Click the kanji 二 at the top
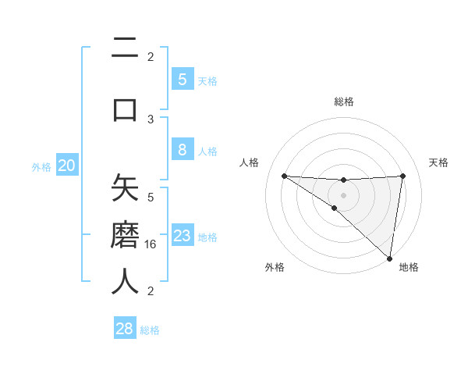[125, 52]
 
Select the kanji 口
[125, 109]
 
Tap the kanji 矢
[125, 190]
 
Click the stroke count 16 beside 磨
[151, 244]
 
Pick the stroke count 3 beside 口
[151, 119]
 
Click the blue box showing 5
[182, 79]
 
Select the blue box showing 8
[182, 150]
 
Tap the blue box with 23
[182, 236]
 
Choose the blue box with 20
[67, 165]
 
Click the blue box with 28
[124, 329]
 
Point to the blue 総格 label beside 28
[150, 330]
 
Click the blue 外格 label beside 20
[41, 166]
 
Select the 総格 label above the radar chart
[344, 102]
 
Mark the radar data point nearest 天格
[403, 176]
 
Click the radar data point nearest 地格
[390, 258]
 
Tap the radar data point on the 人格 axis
[284, 176]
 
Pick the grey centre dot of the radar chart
[344, 194]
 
